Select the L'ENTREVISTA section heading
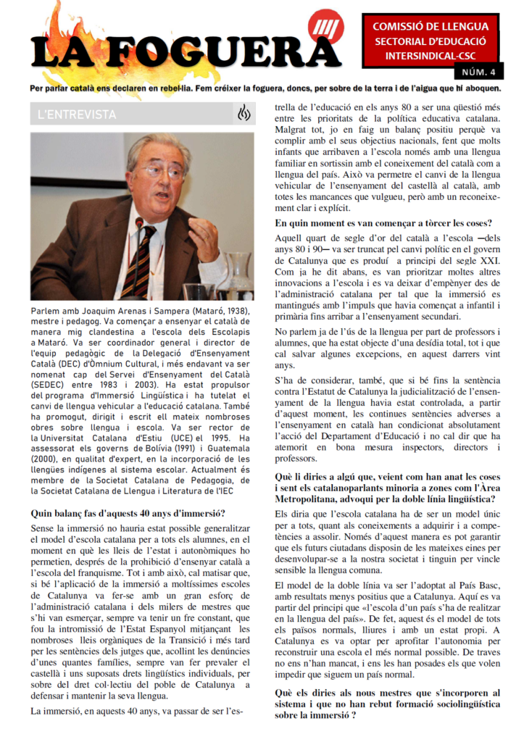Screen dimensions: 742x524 [76, 114]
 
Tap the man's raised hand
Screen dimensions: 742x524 [205, 233]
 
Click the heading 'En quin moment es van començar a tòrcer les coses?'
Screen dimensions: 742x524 [383, 222]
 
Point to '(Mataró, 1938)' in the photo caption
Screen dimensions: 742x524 [217, 311]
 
